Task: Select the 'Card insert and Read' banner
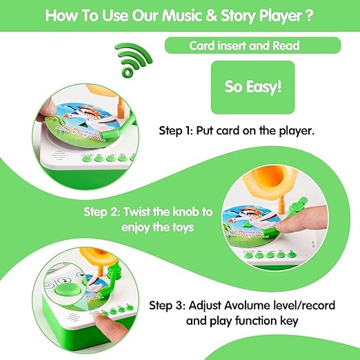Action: click(252, 46)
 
